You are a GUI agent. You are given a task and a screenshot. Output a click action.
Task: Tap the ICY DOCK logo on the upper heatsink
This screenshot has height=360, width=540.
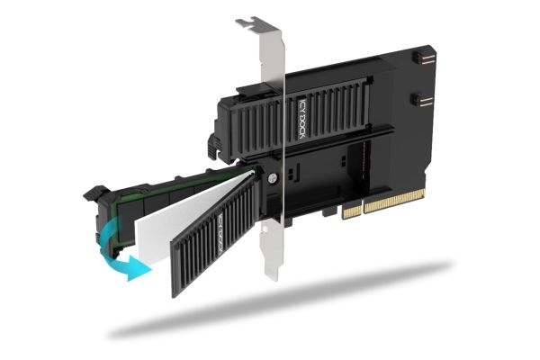tap(302, 118)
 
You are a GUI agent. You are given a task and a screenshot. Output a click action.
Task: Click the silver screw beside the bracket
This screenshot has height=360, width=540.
tap(273, 178)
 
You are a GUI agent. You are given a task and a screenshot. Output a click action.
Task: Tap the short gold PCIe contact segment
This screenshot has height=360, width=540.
tap(352, 211)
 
